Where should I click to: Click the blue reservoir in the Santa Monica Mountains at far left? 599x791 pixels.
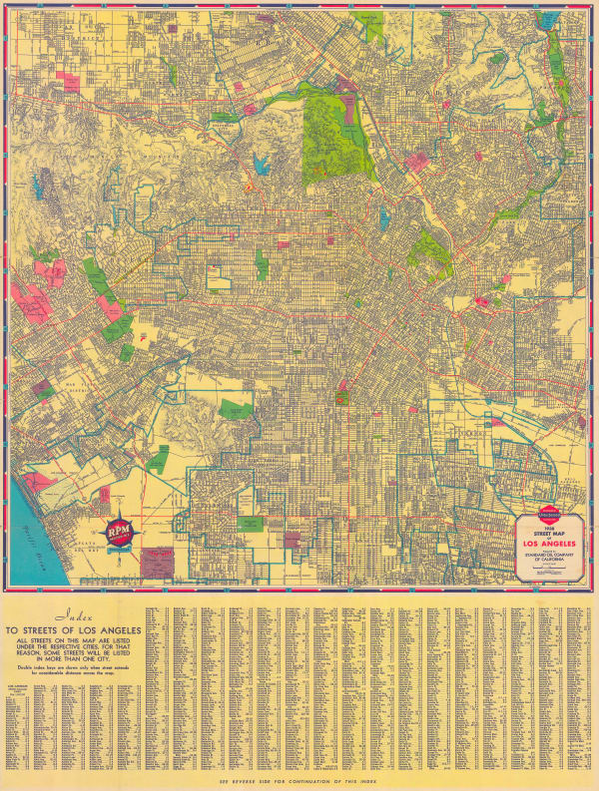click(42, 186)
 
